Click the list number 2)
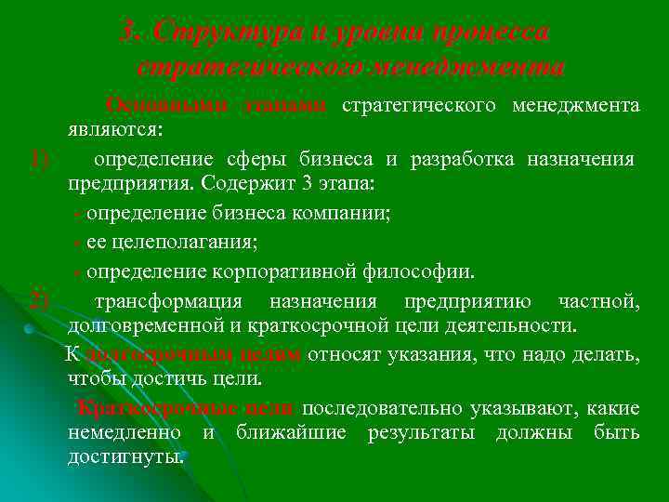pyautogui.click(x=38, y=301)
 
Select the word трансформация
pyautogui.click(x=169, y=301)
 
